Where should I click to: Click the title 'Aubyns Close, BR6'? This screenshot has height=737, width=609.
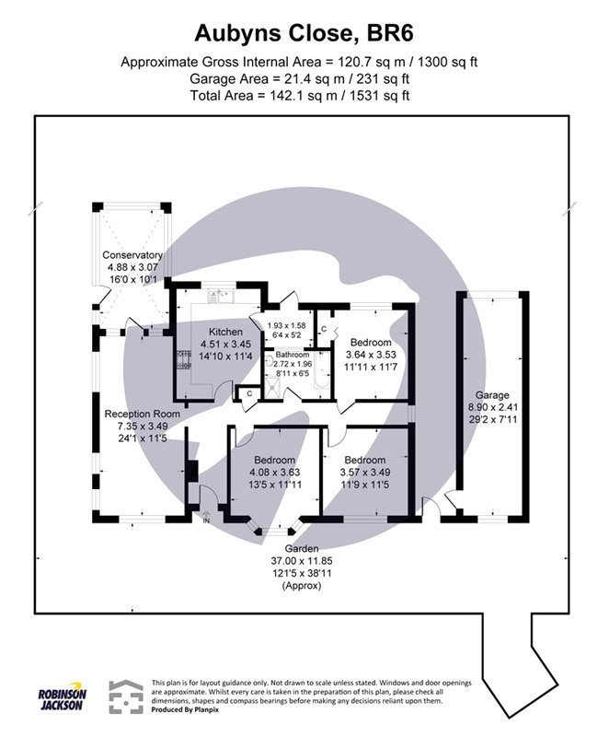304,34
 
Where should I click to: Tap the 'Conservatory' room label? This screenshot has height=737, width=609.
132,255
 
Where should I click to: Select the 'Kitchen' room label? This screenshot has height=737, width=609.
225,332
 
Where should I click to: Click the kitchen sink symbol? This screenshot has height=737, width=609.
221,296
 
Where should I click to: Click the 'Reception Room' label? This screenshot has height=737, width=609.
142,414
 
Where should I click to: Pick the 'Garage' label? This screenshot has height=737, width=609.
492,394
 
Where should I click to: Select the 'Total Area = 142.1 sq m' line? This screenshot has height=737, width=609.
304,94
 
